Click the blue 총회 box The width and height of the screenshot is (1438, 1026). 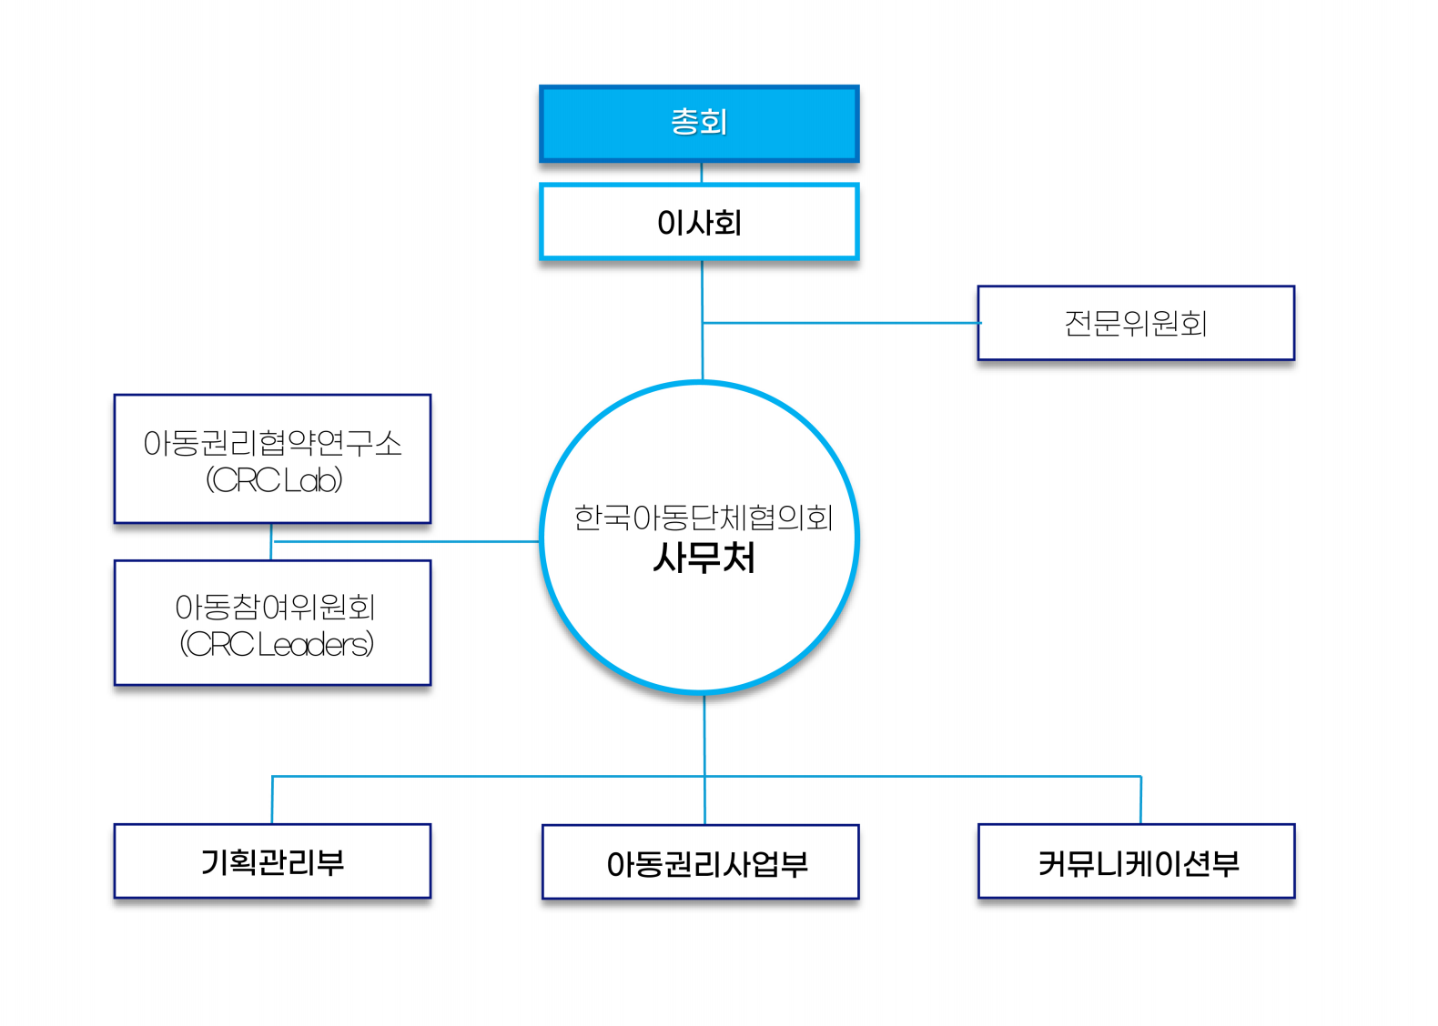699,124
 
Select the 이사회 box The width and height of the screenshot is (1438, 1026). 699,222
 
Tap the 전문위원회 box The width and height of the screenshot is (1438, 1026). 1136,323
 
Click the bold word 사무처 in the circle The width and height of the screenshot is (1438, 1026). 704,558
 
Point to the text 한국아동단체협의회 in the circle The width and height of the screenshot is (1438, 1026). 704,518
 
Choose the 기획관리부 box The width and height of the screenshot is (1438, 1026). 272,861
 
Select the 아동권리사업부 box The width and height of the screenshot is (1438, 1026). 701,862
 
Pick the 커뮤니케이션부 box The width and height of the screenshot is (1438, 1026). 1136,861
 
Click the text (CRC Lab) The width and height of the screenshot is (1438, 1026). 274,480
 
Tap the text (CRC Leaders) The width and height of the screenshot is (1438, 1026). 277,644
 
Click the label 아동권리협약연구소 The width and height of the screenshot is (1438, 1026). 272,443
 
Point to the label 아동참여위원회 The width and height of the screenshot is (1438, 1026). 275,607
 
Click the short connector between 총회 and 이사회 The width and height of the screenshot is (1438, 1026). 701,173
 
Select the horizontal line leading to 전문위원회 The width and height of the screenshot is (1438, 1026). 842,323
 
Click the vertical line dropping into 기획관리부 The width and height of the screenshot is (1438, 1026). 272,800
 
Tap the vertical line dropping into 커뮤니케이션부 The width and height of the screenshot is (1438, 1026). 1140,800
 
